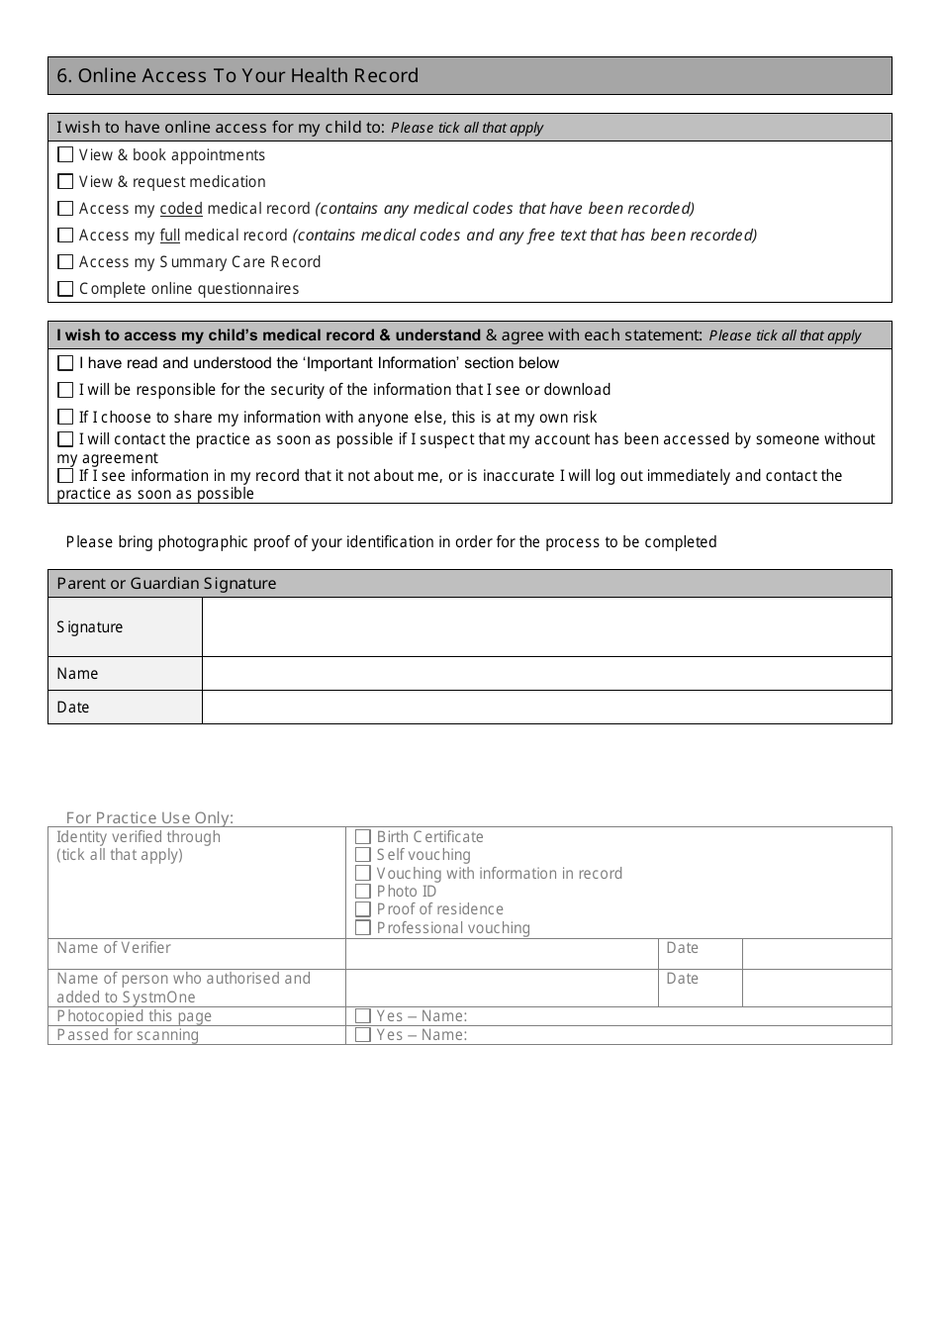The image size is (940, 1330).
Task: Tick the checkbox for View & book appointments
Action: pos(65,154)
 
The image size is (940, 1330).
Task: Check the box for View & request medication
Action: pos(65,181)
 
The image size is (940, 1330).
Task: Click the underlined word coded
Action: pos(181,209)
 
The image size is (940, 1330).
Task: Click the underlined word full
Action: pos(170,236)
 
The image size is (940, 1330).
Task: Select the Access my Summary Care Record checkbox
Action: pos(65,261)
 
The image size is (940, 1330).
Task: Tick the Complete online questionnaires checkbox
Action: pos(65,289)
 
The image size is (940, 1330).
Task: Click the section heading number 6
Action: pos(63,76)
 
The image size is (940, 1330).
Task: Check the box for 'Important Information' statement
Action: pos(65,363)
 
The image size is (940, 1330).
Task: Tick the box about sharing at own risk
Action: pos(65,417)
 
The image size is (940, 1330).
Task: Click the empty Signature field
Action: pos(546,626)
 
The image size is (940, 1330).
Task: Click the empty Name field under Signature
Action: pos(546,673)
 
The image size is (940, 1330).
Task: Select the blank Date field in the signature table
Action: pos(546,707)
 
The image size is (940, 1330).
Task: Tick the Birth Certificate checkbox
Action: pos(363,837)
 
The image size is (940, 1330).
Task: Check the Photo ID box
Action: pos(363,892)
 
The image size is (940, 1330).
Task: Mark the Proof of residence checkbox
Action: pos(363,909)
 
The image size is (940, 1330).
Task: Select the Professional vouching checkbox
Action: pos(363,928)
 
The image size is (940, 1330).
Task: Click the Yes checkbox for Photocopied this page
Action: pos(363,1016)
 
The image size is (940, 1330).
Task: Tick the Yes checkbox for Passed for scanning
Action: pos(363,1035)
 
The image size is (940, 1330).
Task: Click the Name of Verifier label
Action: pos(114,948)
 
